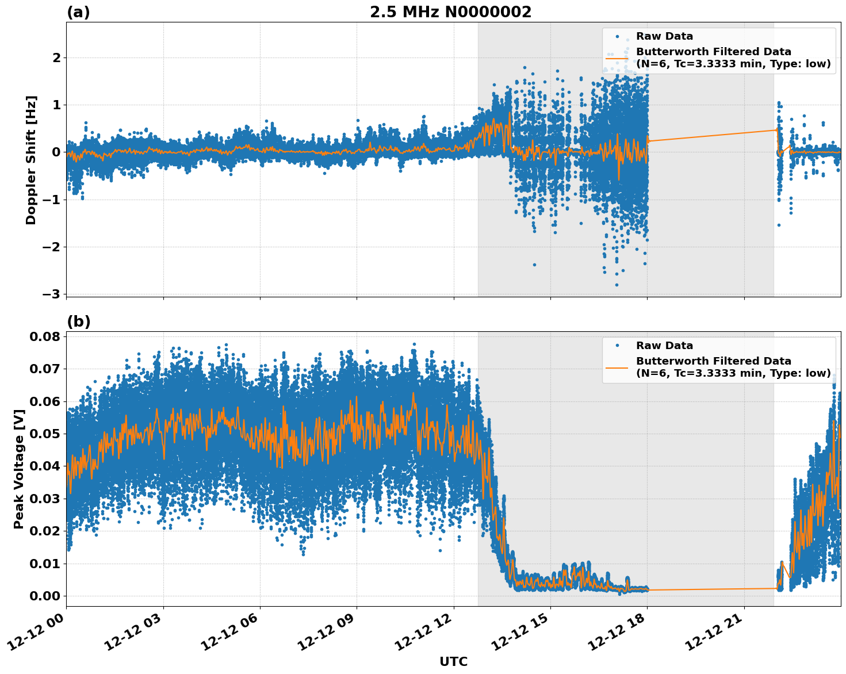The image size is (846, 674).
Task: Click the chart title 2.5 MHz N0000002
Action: click(450, 12)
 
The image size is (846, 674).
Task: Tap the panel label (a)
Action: click(78, 12)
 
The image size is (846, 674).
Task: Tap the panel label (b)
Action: click(78, 321)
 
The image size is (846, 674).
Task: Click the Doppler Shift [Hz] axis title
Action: click(31, 160)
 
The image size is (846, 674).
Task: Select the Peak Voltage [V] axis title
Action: click(19, 469)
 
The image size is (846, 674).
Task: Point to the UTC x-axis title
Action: click(453, 661)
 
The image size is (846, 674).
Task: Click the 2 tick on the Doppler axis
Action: click(56, 58)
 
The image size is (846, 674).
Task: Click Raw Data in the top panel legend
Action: click(664, 36)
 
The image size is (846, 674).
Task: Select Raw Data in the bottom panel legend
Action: click(664, 346)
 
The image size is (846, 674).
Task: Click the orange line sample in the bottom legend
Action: click(617, 367)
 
